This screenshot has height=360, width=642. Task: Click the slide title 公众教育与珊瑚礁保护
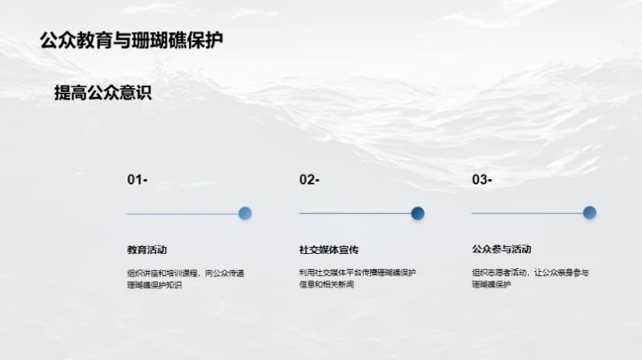tap(132, 40)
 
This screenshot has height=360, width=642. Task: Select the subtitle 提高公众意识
tap(103, 93)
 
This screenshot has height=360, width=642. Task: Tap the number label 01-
tap(137, 180)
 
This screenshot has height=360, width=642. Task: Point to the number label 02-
tap(309, 180)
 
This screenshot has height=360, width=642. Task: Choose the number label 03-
tap(481, 180)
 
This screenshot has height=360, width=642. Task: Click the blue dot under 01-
tap(245, 213)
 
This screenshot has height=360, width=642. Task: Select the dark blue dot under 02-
tap(417, 213)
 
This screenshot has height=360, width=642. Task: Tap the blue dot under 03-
tap(589, 213)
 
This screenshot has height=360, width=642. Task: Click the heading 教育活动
tap(146, 250)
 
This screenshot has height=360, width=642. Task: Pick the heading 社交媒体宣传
tap(329, 250)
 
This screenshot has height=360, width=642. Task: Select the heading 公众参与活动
tap(501, 250)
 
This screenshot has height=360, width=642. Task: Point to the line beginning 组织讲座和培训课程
tap(185, 273)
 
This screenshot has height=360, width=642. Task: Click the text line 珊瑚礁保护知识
tap(154, 285)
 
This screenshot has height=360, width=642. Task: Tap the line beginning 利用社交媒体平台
tap(358, 273)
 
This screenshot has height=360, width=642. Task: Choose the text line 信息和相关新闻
tap(326, 285)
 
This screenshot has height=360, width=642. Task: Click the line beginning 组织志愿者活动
tap(530, 273)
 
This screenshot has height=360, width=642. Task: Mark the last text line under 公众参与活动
tap(491, 285)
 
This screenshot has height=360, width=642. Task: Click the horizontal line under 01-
tap(182, 214)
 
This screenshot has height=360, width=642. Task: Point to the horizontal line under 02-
tap(354, 214)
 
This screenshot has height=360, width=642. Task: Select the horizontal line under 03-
tap(526, 214)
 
